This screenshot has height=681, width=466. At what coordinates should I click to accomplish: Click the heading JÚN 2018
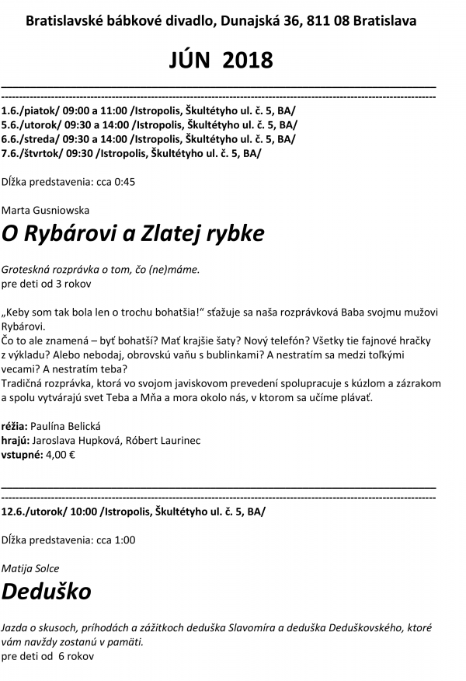[221, 59]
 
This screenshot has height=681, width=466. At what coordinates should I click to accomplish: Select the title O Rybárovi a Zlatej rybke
[133, 232]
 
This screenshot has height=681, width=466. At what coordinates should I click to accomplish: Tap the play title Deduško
[47, 591]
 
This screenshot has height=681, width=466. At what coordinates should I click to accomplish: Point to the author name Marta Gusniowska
[46, 210]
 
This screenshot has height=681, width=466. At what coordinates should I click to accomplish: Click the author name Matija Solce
[31, 568]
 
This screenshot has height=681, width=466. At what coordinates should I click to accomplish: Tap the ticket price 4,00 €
[61, 456]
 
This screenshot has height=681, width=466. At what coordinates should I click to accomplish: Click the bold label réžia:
[15, 426]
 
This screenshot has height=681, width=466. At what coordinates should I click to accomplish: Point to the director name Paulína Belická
[66, 426]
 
